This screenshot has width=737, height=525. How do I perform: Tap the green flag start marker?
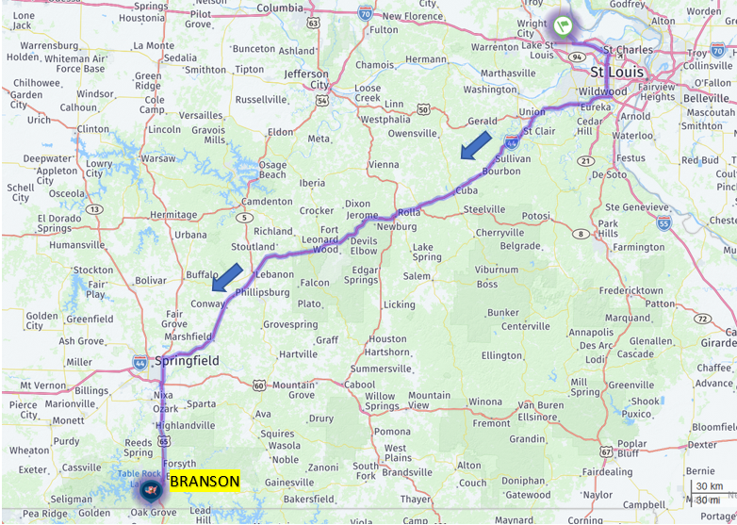563,25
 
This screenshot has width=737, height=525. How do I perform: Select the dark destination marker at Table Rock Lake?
150,489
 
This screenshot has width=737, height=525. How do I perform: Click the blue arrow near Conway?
226,278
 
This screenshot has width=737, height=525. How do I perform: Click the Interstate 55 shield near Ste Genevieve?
663,222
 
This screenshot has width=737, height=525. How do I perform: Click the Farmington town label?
638,247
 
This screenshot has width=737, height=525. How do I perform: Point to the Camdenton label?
267,202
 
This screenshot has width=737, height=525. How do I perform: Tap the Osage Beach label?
272,170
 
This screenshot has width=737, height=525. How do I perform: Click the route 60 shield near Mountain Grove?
259,385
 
